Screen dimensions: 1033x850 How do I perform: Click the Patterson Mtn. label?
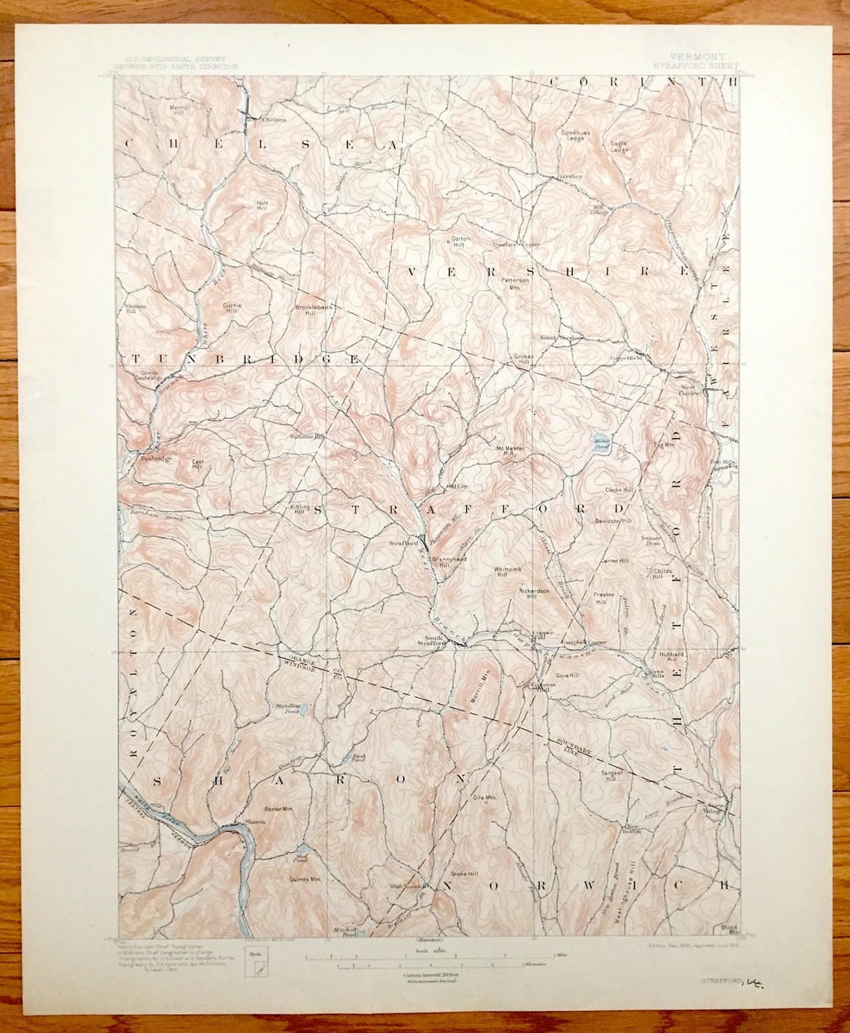516,283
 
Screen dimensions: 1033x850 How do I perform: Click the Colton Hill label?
460,242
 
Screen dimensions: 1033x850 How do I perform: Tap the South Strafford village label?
435,640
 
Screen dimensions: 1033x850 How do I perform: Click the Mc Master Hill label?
510,450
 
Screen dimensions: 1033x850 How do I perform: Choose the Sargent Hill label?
612,776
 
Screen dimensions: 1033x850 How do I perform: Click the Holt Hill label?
263,204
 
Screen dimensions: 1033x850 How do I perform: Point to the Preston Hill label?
604,598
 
